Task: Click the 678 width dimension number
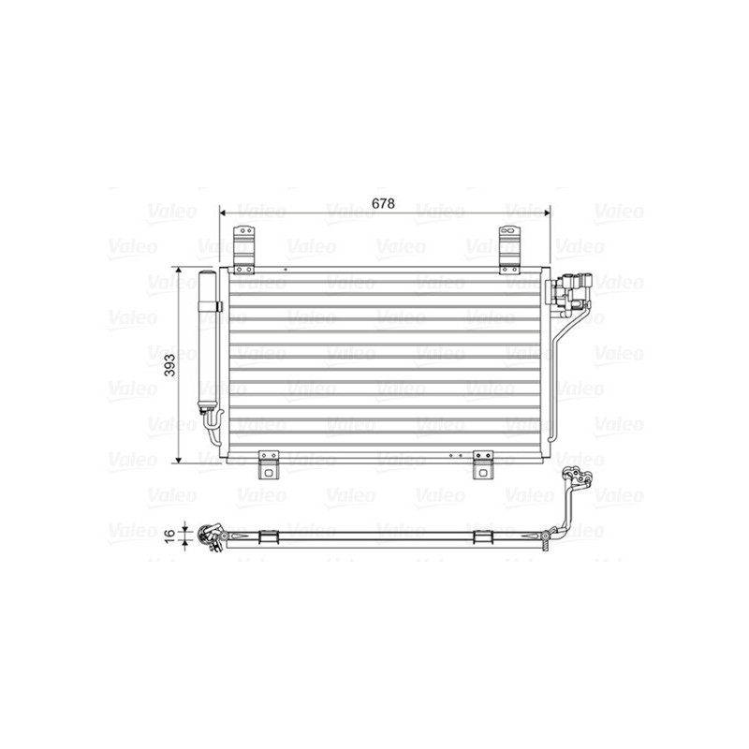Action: [384, 203]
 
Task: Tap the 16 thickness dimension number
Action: [169, 535]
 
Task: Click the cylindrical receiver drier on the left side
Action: [207, 342]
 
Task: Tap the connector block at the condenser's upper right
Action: [570, 290]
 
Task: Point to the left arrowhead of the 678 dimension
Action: [224, 213]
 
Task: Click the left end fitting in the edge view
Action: [208, 536]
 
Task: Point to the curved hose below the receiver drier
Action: [213, 428]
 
